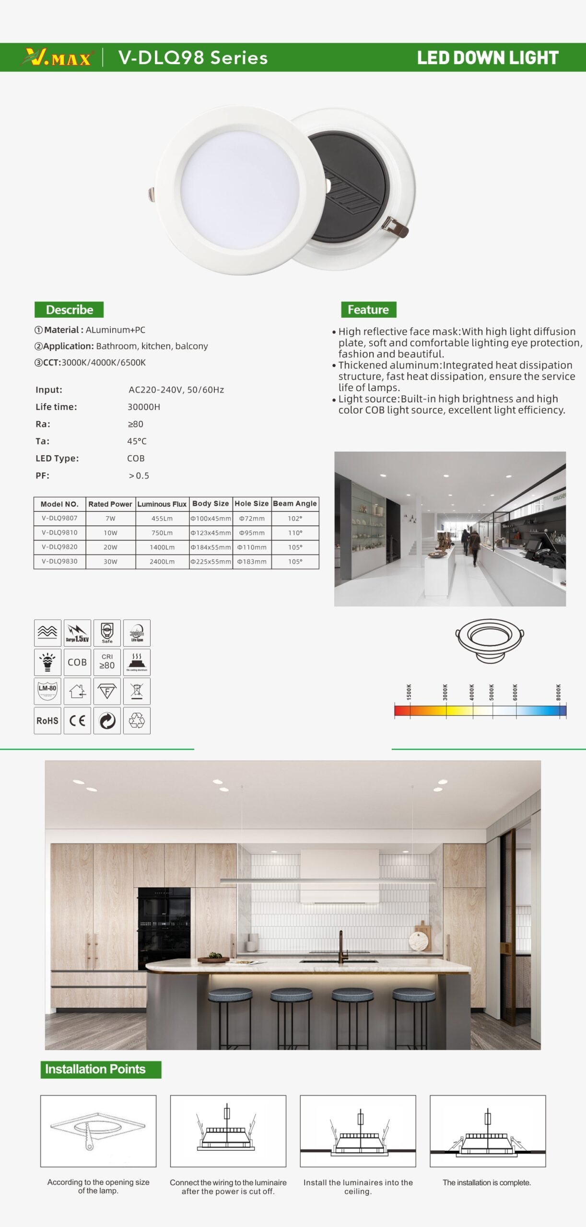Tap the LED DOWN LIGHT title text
(x=487, y=58)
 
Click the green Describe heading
(x=69, y=310)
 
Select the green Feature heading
(x=368, y=310)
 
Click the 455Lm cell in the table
(x=162, y=519)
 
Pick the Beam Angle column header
(x=295, y=504)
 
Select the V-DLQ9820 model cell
(x=59, y=547)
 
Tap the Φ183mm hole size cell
(x=252, y=562)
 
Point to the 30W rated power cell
(x=110, y=562)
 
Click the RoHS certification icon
(x=47, y=721)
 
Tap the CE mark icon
(x=77, y=721)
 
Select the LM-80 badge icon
(x=47, y=691)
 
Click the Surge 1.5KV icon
(x=77, y=633)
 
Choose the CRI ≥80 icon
(x=107, y=662)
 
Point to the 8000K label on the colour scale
(x=558, y=692)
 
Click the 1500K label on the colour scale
(x=409, y=692)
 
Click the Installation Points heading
(x=95, y=1069)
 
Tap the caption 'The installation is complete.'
(x=487, y=1183)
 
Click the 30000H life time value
(x=144, y=407)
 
